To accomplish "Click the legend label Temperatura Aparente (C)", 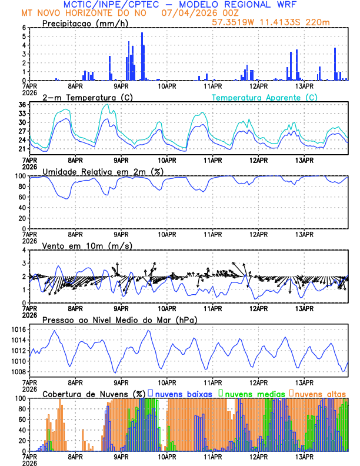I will (265, 97).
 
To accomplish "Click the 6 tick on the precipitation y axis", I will (25, 28).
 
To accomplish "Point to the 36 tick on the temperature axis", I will (22, 105).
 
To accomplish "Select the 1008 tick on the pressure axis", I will (18, 372).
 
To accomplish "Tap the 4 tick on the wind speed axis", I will (25, 250).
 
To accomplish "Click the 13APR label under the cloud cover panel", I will (304, 456).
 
